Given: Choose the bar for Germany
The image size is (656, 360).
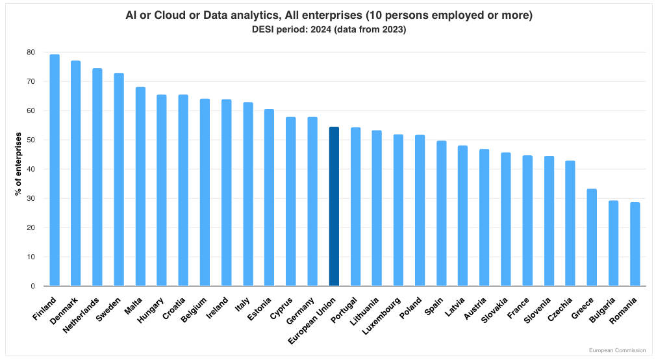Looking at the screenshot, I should point(312,201).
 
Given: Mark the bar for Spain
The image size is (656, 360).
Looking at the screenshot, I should point(441,214).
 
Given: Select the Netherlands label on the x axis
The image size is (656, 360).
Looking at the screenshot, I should point(82,315).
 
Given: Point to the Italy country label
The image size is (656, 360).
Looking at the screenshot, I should point(242,304).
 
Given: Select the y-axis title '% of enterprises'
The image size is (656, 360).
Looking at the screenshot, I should point(19,165).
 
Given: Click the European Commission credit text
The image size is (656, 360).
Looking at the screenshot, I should point(616,350).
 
